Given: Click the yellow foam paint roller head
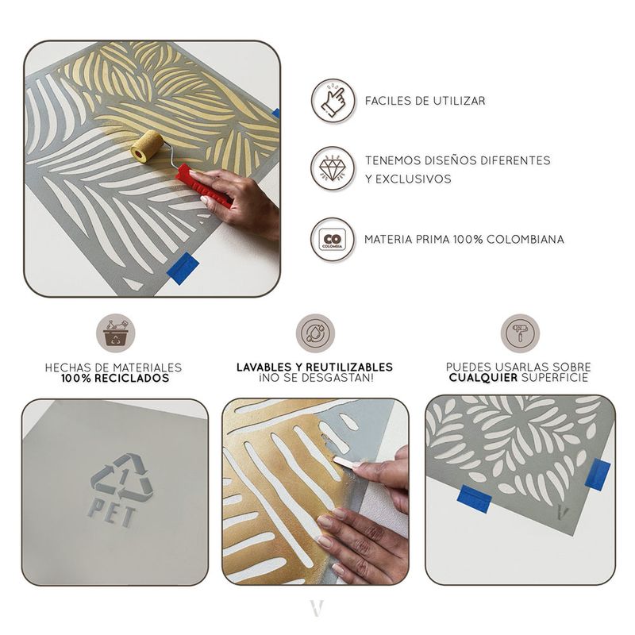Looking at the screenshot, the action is click(x=148, y=147).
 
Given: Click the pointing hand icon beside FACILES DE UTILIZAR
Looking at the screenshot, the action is click(x=333, y=101).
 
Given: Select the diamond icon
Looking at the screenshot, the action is click(x=333, y=168).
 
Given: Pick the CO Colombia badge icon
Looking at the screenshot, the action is click(x=333, y=240).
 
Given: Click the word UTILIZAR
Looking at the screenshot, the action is click(x=459, y=101).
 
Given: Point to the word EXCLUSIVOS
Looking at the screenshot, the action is click(x=413, y=179).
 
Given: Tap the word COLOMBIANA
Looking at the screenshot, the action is click(x=525, y=240).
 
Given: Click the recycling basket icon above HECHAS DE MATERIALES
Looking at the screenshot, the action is click(x=116, y=333).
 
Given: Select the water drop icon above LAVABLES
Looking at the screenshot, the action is click(x=315, y=333).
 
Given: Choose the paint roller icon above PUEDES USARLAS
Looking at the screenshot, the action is click(x=520, y=333).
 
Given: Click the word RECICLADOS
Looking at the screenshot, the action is click(x=132, y=379).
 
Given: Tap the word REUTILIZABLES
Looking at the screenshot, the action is click(x=349, y=368).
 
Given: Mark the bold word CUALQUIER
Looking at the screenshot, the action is click(x=483, y=378).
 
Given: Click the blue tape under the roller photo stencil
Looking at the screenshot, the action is click(x=183, y=268).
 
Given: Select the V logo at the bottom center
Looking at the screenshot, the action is click(x=317, y=608).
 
